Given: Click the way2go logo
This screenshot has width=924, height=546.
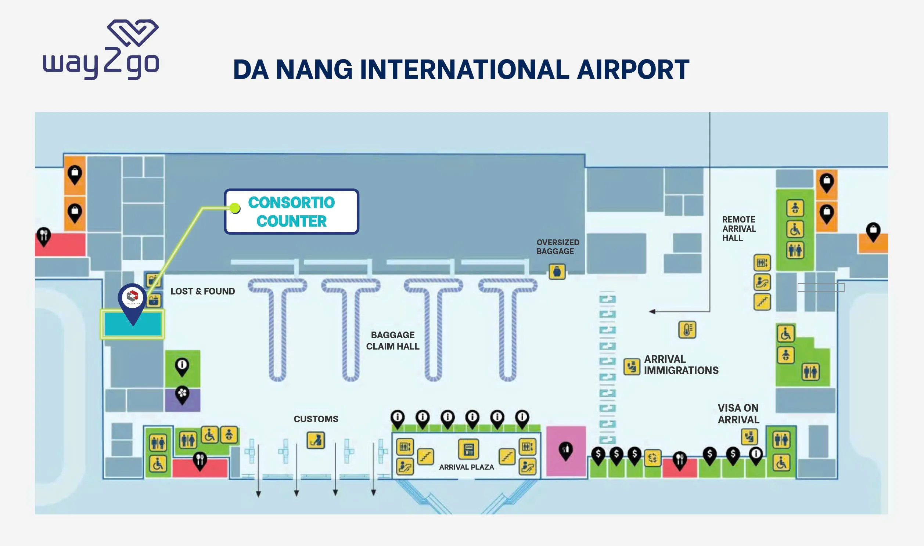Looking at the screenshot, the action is (101, 49).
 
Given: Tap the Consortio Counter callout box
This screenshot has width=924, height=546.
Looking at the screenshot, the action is (291, 211).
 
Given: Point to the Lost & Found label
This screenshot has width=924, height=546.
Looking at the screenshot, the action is (202, 291).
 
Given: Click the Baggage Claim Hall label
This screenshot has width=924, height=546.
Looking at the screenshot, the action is (392, 340).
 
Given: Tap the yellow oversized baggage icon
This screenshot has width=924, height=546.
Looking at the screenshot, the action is (557, 271).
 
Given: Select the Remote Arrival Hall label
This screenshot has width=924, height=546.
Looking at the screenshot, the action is (739, 228).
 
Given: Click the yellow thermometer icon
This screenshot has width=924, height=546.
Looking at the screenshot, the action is (687, 329).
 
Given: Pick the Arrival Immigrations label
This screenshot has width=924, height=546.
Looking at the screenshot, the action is (681, 365).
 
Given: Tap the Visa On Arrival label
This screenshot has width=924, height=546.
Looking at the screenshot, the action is (738, 413).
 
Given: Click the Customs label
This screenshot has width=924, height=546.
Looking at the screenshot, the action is (316, 419).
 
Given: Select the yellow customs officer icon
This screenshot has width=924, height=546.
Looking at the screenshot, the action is (316, 440).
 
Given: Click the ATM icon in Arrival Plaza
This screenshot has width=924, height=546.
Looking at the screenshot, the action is (468, 449).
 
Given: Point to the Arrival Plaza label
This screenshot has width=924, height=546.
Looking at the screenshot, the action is (467, 467).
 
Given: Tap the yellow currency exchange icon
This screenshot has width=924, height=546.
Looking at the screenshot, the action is (652, 458).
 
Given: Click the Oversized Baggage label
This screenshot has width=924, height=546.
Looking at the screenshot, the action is (558, 247).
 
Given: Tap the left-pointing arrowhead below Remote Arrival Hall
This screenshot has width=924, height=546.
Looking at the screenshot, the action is (652, 311).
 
